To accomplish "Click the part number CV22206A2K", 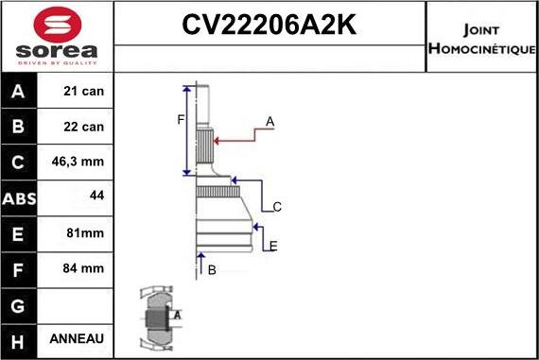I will [269, 24].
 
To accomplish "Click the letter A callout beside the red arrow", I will [269, 122].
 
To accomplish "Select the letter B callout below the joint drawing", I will [212, 270].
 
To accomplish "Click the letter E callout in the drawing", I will [272, 247].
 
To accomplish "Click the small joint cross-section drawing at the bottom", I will [159, 317].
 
